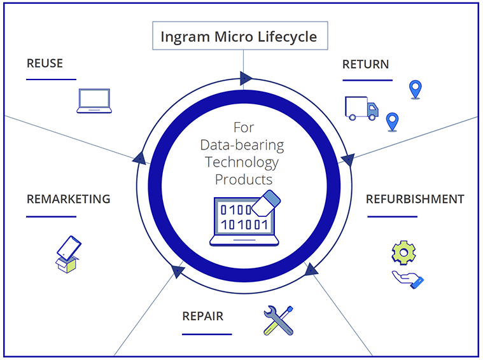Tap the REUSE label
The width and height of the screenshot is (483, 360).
tap(45, 64)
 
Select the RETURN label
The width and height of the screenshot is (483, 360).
tap(365, 64)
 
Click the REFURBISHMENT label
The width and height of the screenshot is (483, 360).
tap(414, 199)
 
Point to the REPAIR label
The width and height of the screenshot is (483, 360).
tap(203, 316)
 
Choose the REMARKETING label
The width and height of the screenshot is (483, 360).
tap(68, 199)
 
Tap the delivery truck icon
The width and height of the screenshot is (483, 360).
tap(361, 108)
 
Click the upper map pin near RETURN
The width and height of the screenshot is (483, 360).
tap(415, 90)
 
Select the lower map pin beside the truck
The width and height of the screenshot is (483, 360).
tap(392, 121)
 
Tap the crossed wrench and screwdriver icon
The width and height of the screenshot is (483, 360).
tap(278, 320)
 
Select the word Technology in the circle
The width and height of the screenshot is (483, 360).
tap(242, 162)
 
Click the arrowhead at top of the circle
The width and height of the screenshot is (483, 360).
tap(246, 79)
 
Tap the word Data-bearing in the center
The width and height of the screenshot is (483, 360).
tap(242, 144)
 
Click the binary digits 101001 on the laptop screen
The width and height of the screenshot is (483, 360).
tap(243, 224)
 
